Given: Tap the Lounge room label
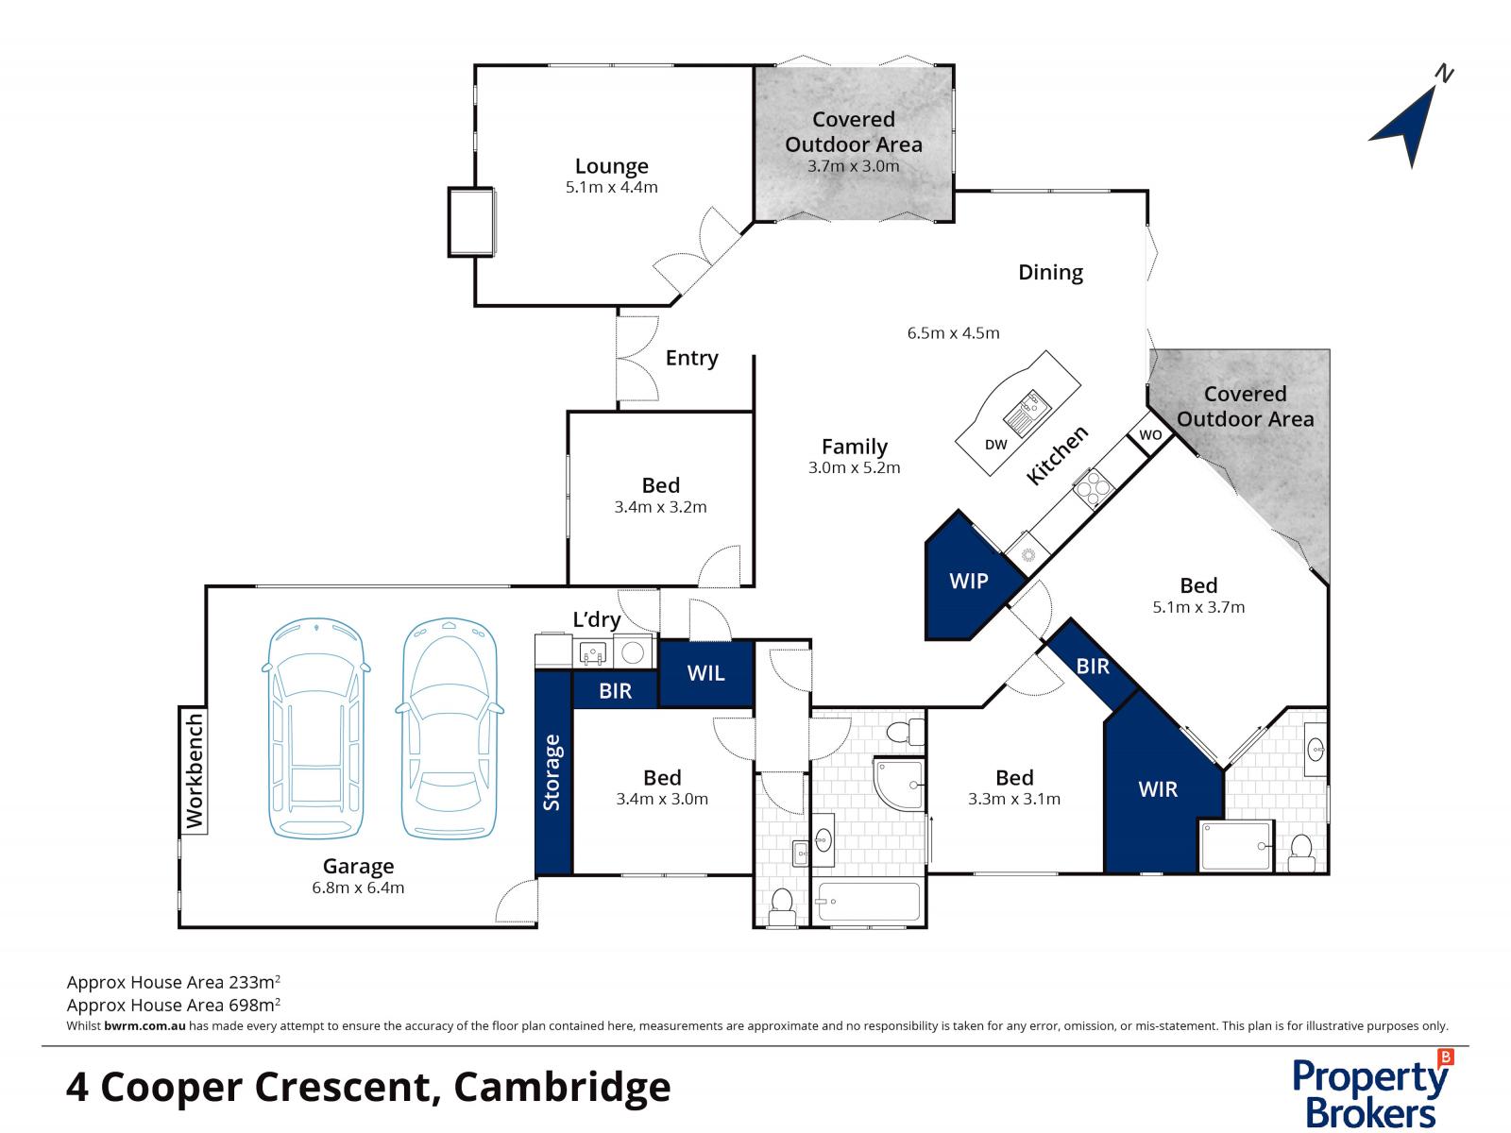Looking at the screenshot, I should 611,166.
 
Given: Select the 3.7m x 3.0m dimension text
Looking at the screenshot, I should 853,166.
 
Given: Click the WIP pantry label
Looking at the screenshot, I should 969,581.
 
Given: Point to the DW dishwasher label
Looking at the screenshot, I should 995,445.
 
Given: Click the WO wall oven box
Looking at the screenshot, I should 1150,435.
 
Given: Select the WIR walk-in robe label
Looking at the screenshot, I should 1158,788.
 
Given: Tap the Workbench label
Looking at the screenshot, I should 195,771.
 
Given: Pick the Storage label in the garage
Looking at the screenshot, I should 552,772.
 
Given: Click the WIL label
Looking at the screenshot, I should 705,672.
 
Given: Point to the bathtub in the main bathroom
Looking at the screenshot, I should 868,902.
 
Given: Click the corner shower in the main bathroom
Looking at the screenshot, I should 898,782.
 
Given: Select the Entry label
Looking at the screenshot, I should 691,358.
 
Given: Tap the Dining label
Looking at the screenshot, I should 1050,272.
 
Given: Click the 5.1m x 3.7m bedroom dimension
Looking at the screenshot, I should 1198,607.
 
